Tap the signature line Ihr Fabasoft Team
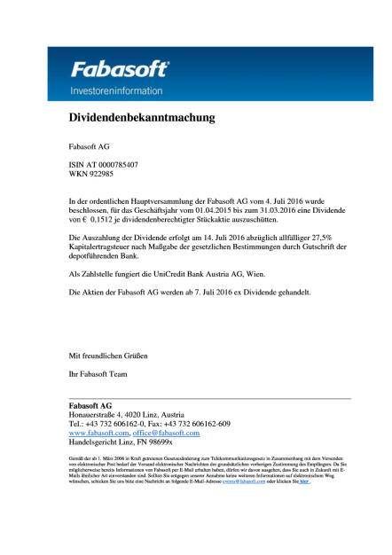(x=98, y=375)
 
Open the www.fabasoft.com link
(x=99, y=433)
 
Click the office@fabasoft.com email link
(x=168, y=433)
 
